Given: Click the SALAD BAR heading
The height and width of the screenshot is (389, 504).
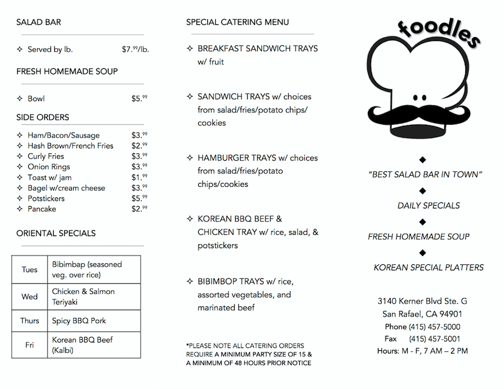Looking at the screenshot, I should (39, 23).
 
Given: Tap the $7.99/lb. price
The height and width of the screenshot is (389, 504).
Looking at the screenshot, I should (136, 49).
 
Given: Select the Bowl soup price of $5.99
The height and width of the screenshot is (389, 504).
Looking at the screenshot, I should (139, 99).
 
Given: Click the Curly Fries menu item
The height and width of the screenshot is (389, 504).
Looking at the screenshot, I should (46, 156).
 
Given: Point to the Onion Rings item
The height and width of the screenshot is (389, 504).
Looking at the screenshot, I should (49, 167).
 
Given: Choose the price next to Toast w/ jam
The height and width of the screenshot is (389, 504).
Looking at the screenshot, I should (139, 177).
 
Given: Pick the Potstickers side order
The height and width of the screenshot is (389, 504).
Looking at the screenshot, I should (46, 198).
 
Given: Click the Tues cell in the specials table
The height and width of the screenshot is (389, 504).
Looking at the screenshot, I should (30, 270).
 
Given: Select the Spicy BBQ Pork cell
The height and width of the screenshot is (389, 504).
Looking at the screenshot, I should (79, 321).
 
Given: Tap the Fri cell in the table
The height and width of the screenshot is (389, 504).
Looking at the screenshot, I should (30, 345).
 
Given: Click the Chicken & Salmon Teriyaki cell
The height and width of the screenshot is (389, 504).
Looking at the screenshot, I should (83, 296).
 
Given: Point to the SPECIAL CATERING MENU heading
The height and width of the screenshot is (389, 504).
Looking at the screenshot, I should (237, 23).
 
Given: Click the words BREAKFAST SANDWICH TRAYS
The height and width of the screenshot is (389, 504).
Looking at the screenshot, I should (258, 49).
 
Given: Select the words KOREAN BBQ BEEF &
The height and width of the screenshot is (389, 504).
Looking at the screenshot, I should (240, 219).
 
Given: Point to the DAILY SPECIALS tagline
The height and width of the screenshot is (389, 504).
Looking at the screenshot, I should (428, 206).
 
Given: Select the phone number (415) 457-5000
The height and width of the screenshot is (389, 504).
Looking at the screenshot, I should (434, 327).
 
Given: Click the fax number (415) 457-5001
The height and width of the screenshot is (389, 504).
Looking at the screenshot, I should (434, 339).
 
